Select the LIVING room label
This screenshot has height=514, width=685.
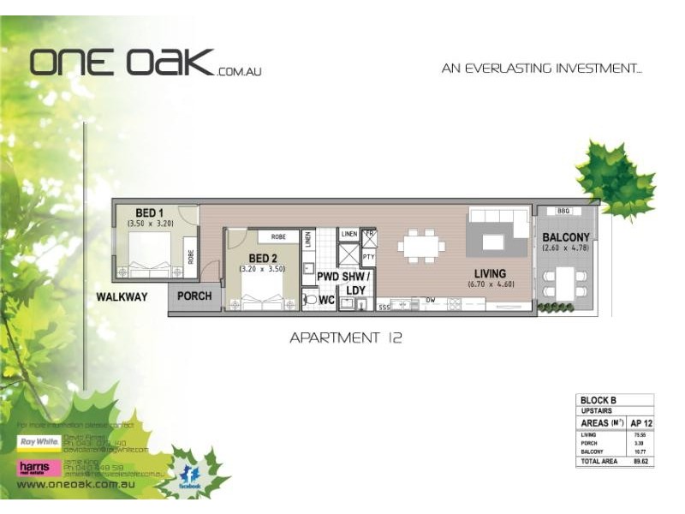pos(491,273)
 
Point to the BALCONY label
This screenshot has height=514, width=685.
pos(566,237)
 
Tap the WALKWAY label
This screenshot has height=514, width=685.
pos(122,297)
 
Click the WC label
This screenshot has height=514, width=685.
pos(326,301)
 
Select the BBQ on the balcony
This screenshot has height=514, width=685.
pos(563,211)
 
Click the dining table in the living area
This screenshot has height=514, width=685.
pos(421,247)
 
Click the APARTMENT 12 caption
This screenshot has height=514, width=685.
pos(346,338)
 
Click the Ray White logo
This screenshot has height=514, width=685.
pos(39,443)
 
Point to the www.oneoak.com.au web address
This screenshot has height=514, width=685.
pos(79,484)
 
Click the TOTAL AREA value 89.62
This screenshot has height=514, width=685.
pos(638,461)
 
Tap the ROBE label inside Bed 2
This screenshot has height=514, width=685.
pos(278,236)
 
